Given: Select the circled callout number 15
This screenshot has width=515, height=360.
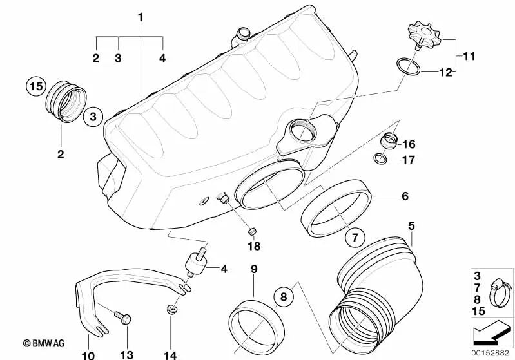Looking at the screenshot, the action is [x=36, y=87].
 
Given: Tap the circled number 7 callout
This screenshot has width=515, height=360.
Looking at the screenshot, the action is [x=355, y=237].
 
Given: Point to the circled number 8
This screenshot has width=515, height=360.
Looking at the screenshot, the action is [x=284, y=296].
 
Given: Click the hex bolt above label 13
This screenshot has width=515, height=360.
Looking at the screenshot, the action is [x=123, y=317].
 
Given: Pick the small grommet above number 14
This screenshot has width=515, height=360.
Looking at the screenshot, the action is [x=171, y=309].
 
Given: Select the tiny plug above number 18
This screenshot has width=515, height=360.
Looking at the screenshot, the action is [x=251, y=232].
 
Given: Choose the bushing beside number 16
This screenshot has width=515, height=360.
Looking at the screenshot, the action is [x=388, y=141].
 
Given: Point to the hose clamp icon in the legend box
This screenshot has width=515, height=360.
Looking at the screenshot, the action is [x=500, y=293].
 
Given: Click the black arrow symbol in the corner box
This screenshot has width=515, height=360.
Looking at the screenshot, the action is [x=491, y=334].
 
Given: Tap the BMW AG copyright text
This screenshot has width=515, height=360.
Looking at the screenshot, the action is [x=43, y=343].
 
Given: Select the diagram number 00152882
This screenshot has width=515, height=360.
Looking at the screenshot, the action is [x=490, y=353].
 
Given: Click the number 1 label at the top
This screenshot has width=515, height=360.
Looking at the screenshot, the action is [x=141, y=17].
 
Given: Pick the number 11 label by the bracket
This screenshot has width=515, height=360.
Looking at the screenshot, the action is [x=469, y=56].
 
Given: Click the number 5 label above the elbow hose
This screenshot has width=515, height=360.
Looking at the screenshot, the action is [x=411, y=226].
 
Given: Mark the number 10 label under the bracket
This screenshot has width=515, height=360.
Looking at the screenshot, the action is [x=88, y=355].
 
